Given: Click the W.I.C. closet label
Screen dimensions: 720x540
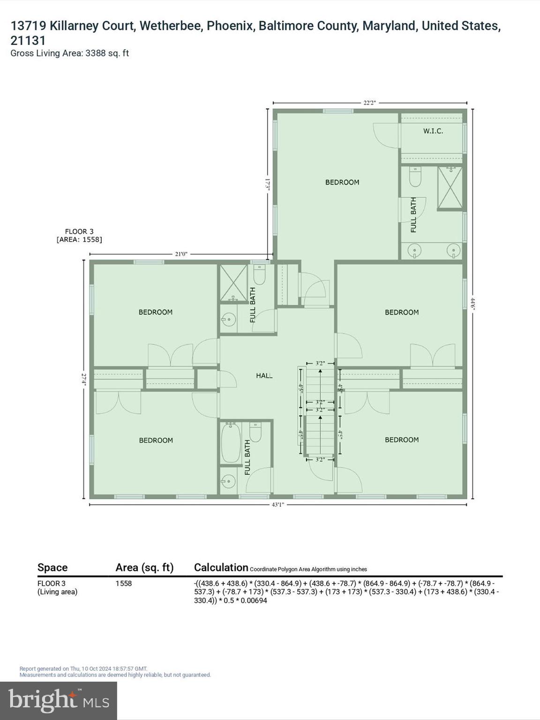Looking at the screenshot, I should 433,131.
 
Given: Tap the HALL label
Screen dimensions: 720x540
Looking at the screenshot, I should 264,375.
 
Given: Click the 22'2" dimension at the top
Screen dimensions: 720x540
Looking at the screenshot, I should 369,103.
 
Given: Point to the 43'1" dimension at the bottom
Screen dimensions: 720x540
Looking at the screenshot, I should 278,504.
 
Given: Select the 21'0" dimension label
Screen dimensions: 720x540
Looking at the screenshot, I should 181,254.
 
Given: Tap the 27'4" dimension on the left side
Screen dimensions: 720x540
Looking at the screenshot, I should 84,379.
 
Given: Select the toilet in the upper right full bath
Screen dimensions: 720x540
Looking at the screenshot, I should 415,177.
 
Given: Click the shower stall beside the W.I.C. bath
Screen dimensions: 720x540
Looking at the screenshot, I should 450,188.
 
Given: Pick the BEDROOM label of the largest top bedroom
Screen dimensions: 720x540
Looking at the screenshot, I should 342,182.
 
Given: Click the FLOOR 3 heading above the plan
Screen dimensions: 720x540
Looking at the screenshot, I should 79,231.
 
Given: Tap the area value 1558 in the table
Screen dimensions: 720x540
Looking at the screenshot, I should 124,584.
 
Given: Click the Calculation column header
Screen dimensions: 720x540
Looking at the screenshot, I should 221,568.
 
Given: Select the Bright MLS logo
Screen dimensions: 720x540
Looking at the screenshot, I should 59,700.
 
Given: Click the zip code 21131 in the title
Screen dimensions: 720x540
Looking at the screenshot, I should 28,41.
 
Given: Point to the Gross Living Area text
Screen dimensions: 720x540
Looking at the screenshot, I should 69,53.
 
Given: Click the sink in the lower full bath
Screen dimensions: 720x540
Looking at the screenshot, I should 228,481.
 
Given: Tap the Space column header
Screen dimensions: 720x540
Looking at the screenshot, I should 52,568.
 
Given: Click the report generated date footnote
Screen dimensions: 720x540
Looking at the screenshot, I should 83,669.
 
